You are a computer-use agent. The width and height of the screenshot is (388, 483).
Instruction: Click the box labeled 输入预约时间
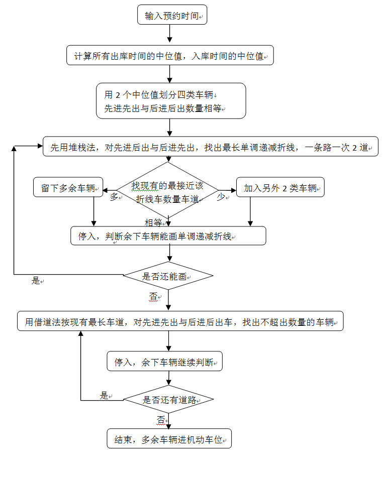(172, 16)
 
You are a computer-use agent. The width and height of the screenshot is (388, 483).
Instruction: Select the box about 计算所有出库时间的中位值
(170, 55)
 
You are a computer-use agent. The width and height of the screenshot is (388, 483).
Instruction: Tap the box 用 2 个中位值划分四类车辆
(171, 101)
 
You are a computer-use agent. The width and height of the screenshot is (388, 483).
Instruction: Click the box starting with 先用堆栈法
(210, 147)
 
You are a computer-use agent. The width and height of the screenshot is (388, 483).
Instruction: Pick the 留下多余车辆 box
(67, 188)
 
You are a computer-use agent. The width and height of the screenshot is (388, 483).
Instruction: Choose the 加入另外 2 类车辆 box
(280, 188)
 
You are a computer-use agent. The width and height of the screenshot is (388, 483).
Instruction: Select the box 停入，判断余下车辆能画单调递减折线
(168, 236)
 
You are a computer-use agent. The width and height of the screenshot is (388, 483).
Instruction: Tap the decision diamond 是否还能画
(168, 276)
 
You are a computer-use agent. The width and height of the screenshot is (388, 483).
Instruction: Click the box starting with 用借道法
(180, 321)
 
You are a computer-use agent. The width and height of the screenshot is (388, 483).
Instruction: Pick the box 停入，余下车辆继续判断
(164, 361)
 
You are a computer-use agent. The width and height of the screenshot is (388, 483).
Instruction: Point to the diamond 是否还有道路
(168, 400)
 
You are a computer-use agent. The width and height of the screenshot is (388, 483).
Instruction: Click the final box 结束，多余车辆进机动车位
(169, 439)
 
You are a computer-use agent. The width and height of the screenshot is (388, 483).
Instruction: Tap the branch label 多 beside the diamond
(114, 197)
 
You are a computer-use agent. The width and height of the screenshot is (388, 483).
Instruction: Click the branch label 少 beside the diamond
(221, 197)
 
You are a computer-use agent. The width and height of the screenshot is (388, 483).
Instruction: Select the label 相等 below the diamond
(153, 222)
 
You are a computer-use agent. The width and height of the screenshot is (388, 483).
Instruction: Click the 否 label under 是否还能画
(153, 297)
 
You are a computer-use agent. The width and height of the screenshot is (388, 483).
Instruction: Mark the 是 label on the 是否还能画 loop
(36, 281)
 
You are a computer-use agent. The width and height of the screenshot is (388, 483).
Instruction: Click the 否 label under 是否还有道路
(161, 419)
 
